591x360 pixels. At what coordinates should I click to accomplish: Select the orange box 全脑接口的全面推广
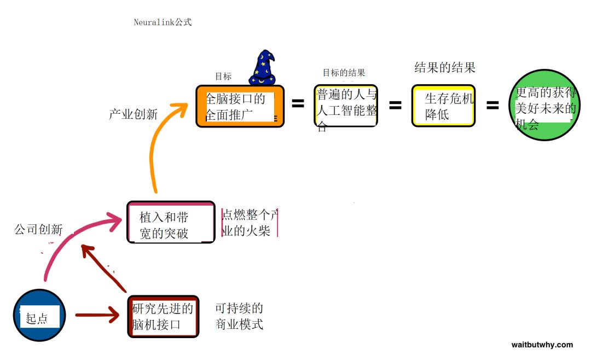point(240,107)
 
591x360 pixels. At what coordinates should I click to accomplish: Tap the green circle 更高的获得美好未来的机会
point(544,106)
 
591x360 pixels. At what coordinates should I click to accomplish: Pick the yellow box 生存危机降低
point(443,106)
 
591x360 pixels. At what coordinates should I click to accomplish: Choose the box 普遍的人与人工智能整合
point(346,107)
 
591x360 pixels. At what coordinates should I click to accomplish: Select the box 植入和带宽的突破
point(170,222)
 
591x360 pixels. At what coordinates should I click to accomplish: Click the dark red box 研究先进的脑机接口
point(163,317)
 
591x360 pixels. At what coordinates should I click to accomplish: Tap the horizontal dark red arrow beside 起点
point(97,315)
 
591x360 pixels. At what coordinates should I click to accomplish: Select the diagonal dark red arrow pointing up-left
point(104,268)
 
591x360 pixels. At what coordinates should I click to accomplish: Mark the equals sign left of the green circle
point(493,105)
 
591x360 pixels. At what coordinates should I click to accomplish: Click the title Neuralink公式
point(163,22)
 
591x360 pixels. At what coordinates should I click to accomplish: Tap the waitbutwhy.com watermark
point(542,345)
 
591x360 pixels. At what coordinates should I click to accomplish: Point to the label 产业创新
point(133,114)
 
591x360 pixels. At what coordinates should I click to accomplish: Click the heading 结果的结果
point(445,68)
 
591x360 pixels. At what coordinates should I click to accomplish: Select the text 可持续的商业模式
point(239,316)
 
